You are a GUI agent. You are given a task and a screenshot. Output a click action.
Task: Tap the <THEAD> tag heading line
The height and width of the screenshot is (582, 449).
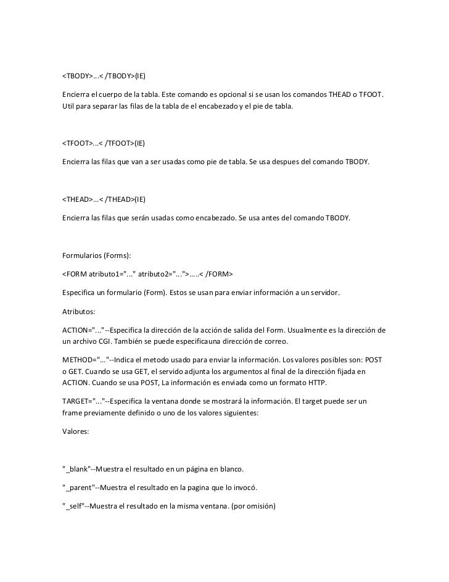[x=103, y=200]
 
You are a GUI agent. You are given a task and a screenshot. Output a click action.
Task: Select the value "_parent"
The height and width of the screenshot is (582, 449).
[x=79, y=488]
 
